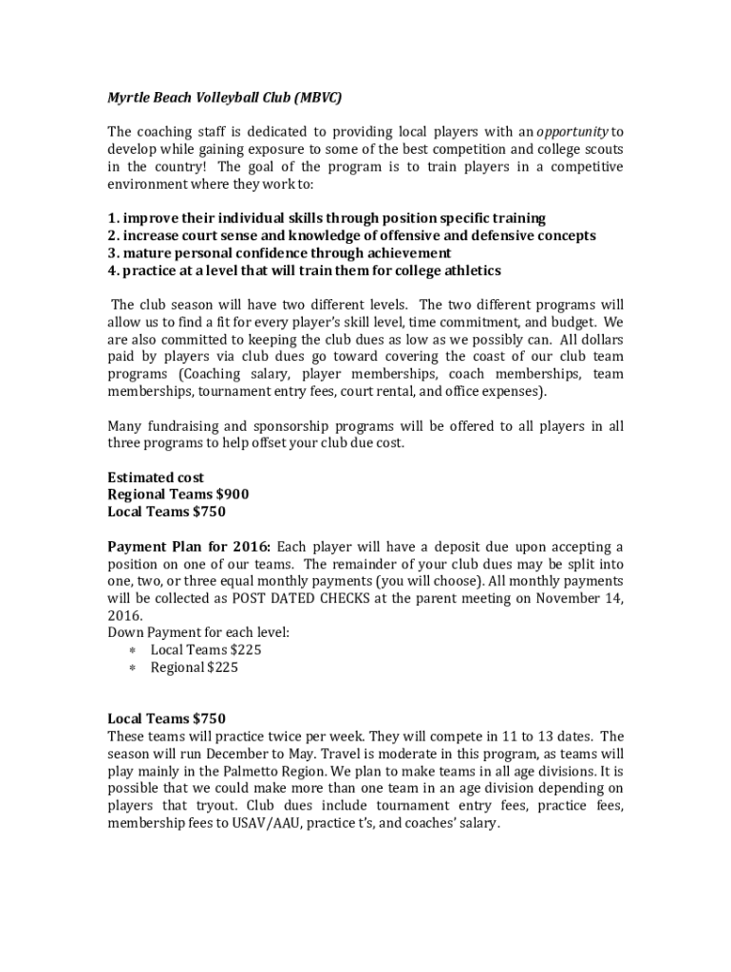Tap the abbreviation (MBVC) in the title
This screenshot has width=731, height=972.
click(x=318, y=98)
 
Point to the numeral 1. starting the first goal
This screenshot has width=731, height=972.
click(x=113, y=218)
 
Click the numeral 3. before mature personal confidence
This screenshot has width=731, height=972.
click(x=113, y=252)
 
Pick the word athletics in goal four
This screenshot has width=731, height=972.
click(x=470, y=271)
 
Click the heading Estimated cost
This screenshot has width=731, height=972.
click(x=156, y=477)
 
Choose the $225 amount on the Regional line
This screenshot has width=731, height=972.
click(x=224, y=667)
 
